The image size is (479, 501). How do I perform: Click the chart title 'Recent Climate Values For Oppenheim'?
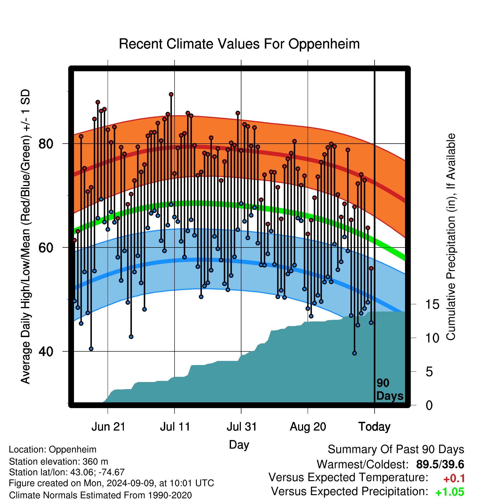click(x=239, y=44)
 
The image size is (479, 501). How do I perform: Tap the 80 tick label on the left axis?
click(x=46, y=144)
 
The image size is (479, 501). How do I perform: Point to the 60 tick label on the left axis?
click(x=46, y=247)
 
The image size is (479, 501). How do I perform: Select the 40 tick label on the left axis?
click(x=46, y=351)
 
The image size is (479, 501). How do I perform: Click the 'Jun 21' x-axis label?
click(x=108, y=427)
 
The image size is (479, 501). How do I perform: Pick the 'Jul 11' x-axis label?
click(x=175, y=427)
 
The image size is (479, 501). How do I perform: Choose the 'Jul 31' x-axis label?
click(x=242, y=427)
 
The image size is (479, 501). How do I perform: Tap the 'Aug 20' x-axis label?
click(x=308, y=427)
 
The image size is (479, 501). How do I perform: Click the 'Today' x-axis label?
click(x=375, y=427)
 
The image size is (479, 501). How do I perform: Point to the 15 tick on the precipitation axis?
click(x=432, y=304)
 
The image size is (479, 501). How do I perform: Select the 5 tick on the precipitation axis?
click(x=429, y=372)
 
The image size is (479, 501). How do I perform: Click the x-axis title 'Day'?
click(x=239, y=445)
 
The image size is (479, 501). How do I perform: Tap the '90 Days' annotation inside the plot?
click(x=390, y=389)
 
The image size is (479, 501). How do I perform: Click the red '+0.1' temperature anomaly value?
click(x=454, y=479)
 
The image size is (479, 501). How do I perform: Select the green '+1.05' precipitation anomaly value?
click(x=450, y=492)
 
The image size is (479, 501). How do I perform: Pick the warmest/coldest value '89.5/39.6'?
click(x=440, y=464)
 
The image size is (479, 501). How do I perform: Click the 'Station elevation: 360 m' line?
click(x=59, y=462)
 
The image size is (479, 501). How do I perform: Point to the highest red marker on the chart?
click(x=171, y=94)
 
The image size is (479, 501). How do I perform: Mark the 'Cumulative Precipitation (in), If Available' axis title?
click(x=451, y=237)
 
